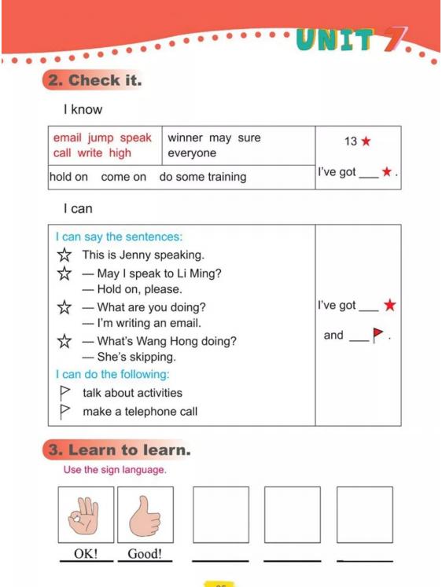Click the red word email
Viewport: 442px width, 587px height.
point(67,138)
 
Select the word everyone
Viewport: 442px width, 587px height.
point(192,153)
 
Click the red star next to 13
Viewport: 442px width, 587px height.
point(366,141)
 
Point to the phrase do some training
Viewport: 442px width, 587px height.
point(203,177)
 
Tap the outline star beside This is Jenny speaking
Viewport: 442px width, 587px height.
point(64,255)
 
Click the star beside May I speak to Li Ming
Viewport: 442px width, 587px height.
point(64,273)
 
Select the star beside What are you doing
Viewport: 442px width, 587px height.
point(64,307)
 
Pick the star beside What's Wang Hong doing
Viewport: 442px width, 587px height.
point(64,341)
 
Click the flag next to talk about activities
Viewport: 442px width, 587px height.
point(64,393)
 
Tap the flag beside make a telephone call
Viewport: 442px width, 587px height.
point(64,412)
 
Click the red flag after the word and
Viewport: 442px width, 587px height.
point(378,334)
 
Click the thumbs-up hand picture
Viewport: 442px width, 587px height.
point(145,515)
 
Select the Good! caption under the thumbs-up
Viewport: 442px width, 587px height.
point(145,553)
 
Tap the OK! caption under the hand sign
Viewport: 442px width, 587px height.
point(86,553)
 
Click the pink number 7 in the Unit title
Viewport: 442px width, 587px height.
point(394,39)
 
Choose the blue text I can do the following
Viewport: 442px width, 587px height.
point(112,374)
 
